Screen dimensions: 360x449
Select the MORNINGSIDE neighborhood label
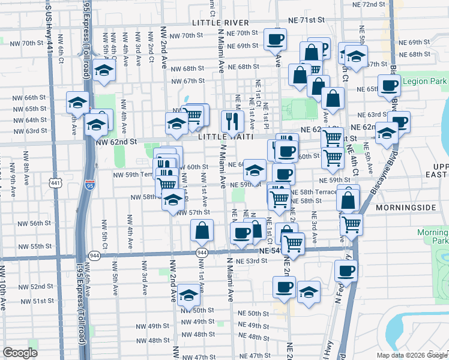point(406,207)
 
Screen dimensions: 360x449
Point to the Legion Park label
point(425,81)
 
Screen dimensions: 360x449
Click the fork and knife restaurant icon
point(231,121)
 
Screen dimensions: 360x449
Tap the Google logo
point(20,353)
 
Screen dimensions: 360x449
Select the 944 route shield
point(94,255)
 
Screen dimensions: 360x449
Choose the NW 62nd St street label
point(117,142)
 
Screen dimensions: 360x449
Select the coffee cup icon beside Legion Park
point(389,85)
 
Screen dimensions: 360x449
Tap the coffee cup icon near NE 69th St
point(276,39)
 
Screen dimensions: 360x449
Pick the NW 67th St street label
point(188,81)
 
